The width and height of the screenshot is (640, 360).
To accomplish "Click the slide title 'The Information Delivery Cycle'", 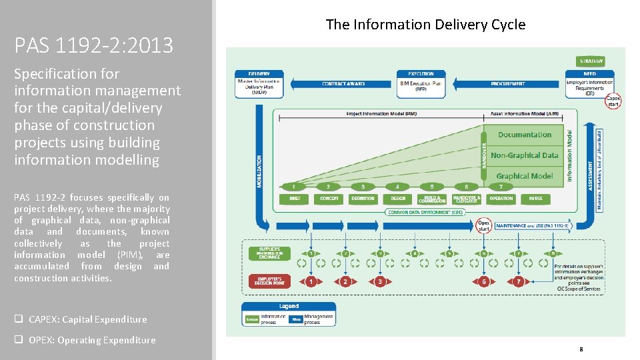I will (425, 25).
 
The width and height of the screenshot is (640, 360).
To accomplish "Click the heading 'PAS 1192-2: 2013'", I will (93, 45).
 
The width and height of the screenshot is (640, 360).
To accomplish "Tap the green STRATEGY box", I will (591, 61).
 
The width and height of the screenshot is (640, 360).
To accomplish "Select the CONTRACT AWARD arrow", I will (343, 84).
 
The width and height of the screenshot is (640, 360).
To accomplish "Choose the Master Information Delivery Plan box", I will (259, 83).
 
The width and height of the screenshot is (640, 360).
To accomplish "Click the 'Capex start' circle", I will (613, 101).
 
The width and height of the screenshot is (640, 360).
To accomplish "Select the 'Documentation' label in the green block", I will (524, 135).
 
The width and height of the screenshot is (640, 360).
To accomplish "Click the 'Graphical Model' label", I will (524, 176).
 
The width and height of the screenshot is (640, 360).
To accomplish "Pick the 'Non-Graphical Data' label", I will (524, 155).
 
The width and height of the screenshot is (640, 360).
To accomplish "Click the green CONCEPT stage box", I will (329, 199).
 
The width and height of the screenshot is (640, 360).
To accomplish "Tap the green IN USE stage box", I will (535, 199).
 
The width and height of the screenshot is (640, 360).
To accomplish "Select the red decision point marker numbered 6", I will (484, 282).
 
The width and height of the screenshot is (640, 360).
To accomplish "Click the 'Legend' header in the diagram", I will (289, 307).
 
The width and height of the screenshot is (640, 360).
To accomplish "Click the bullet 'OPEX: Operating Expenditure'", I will (91, 340).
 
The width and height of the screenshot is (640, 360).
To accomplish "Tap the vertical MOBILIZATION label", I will (260, 171).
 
